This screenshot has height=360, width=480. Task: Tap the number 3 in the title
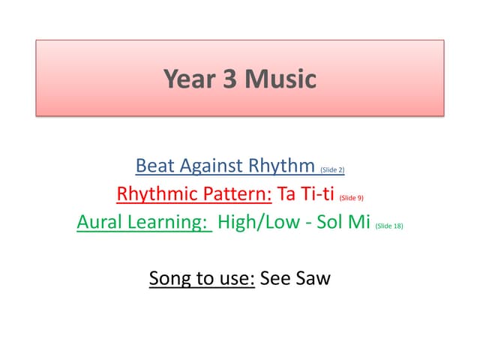pos(228,79)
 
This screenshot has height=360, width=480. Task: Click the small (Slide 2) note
pos(331,169)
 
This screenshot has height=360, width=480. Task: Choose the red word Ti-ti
pos(317,195)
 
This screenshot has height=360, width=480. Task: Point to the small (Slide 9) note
pos(352,199)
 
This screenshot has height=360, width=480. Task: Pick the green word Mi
pos(358,223)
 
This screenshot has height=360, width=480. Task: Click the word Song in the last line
pos(169,279)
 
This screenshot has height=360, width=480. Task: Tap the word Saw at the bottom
pos(313,279)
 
